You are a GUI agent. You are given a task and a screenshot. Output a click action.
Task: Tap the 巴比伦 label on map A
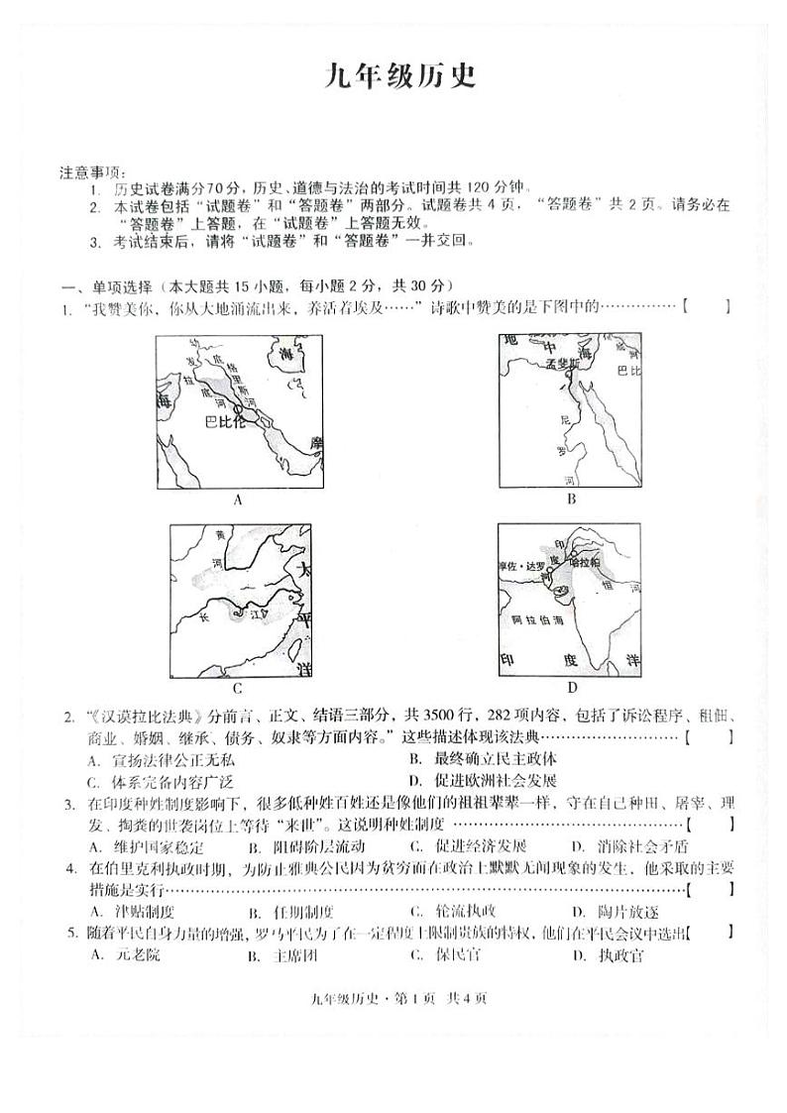(x=223, y=421)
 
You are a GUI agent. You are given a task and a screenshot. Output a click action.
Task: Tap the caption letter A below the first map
(x=238, y=501)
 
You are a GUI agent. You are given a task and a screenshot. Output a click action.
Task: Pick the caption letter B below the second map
(x=571, y=500)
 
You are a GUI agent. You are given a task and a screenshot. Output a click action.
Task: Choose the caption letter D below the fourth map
(x=572, y=687)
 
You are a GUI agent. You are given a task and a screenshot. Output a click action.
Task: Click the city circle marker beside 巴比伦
(x=239, y=407)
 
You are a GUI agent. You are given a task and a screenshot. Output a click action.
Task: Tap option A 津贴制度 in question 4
(x=132, y=912)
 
